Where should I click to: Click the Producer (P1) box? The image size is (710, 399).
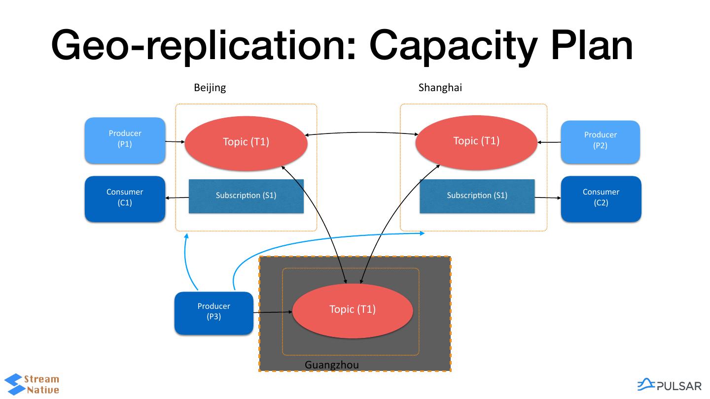[125, 140]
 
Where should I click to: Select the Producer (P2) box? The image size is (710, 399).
[600, 141]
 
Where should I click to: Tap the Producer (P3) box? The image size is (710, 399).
[213, 312]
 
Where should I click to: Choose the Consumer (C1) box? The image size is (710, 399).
[125, 198]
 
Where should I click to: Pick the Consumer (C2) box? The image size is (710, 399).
[601, 198]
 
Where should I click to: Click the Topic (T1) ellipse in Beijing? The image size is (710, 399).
[246, 143]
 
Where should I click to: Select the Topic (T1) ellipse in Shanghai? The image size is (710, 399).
[476, 142]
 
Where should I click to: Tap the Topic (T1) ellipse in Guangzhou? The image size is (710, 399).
[353, 310]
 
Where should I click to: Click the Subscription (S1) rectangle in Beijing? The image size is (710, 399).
[246, 196]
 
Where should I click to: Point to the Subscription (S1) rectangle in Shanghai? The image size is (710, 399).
[477, 196]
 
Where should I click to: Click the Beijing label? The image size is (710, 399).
[210, 88]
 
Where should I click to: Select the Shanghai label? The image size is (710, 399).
[440, 88]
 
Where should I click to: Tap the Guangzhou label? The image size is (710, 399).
[331, 365]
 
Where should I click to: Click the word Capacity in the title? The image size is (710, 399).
[453, 45]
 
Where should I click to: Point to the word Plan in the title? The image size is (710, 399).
[592, 45]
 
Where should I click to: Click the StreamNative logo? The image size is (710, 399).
[33, 385]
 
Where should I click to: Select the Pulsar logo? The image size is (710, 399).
[669, 385]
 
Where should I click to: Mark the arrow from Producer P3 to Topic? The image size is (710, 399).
[273, 312]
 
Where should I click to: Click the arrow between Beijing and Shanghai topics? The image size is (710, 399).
[361, 133]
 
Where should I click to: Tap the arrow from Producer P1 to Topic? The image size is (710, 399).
[175, 142]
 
